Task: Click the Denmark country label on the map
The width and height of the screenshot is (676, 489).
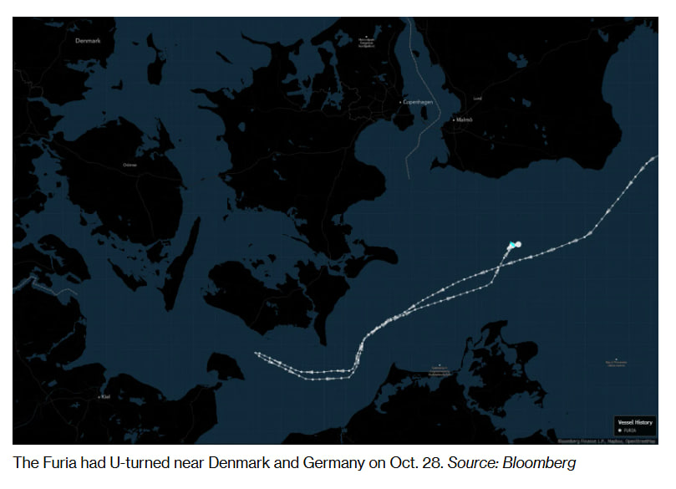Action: tap(87, 40)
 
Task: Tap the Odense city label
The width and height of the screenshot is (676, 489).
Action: tap(130, 165)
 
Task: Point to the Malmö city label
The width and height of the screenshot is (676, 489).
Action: tap(463, 120)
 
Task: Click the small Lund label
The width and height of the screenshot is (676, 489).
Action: tap(478, 99)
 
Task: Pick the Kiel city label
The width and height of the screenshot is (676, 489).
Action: tap(106, 397)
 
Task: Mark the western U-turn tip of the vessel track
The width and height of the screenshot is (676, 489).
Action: tap(256, 354)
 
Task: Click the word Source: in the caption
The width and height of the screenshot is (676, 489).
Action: tap(470, 463)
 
